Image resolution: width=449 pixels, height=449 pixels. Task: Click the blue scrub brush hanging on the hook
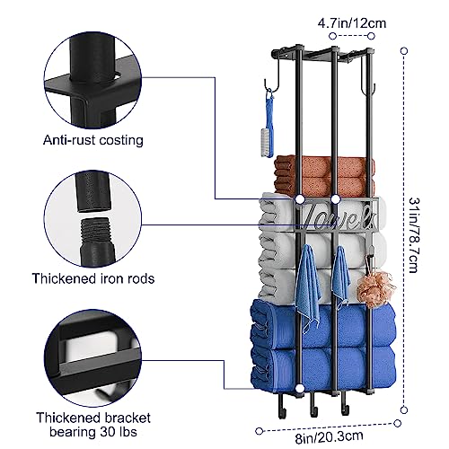(269, 126)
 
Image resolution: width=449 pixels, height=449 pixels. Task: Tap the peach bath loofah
(375, 289)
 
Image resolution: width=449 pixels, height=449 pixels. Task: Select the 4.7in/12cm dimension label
(352, 23)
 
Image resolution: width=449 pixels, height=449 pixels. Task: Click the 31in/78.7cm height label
(414, 235)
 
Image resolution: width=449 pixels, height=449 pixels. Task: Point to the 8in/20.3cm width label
(330, 437)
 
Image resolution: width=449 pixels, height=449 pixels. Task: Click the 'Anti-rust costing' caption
(93, 140)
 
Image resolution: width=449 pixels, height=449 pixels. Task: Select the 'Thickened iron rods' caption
(93, 278)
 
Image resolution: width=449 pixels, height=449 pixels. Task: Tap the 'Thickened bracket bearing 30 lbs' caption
(93, 425)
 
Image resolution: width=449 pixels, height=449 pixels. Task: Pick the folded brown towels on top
(324, 176)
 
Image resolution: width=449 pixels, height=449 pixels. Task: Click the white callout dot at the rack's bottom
(299, 389)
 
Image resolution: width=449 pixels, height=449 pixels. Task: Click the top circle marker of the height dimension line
(404, 51)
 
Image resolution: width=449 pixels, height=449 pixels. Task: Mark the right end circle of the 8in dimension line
(398, 423)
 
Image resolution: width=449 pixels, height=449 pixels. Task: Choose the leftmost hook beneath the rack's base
(280, 407)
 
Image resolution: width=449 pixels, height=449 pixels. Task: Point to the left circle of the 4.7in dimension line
(332, 36)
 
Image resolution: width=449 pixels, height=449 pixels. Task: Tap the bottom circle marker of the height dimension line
(404, 409)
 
